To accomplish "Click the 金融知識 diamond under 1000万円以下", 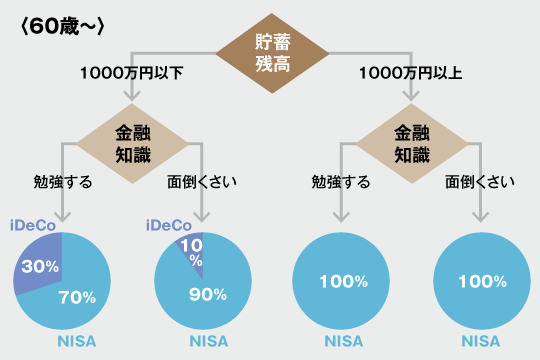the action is pyautogui.click(x=132, y=142).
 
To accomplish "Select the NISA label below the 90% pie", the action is pyautogui.click(x=208, y=341).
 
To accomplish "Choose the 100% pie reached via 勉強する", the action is pyautogui.click(x=341, y=282).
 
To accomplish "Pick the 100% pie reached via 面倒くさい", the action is pyautogui.click(x=479, y=282).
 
